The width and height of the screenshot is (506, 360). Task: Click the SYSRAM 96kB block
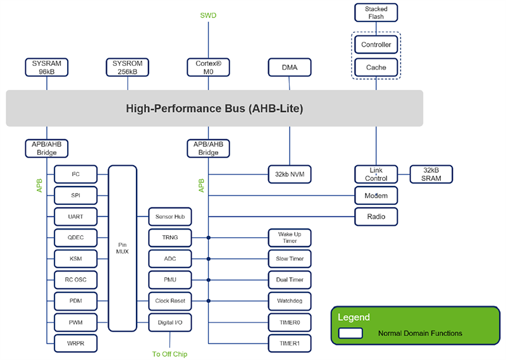[x=46, y=67]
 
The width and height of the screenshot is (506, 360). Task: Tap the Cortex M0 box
[x=208, y=67]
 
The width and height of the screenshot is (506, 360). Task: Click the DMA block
[x=290, y=67]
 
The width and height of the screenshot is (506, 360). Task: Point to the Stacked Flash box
[x=376, y=13]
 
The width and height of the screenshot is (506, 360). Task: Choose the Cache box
[x=376, y=67]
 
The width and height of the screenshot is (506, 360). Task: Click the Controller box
[x=376, y=45]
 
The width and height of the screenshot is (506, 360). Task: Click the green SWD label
[x=208, y=15]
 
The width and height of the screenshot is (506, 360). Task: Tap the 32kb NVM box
[x=290, y=174]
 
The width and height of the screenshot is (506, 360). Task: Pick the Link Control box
[x=376, y=174]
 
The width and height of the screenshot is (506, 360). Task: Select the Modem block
[x=376, y=196]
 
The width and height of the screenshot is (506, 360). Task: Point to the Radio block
[x=376, y=217]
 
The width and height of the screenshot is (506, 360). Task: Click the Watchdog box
[x=290, y=301]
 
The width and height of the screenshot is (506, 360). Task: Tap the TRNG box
[x=170, y=239]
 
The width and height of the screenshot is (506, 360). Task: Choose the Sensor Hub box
[x=170, y=217]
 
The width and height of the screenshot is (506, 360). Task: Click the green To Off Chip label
[x=170, y=354]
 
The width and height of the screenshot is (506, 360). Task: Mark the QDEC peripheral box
[x=76, y=239]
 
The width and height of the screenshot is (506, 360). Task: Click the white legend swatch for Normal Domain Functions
[x=350, y=333]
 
